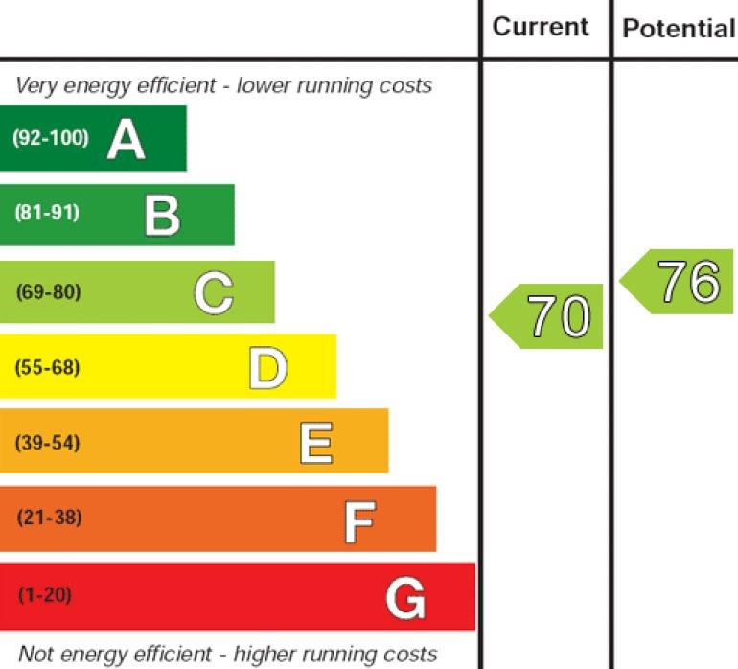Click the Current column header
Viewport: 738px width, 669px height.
click(541, 26)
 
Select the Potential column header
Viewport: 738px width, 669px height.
click(678, 28)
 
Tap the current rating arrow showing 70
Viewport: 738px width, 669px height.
click(550, 316)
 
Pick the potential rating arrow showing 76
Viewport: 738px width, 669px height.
click(680, 282)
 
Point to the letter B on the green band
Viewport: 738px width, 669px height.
click(162, 215)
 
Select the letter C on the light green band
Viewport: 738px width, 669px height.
click(213, 292)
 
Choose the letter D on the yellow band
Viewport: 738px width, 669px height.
click(267, 367)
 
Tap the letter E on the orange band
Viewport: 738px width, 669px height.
click(316, 443)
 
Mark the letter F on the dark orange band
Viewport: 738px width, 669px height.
click(359, 519)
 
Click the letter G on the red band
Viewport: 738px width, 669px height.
click(404, 598)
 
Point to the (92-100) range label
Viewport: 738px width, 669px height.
click(50, 137)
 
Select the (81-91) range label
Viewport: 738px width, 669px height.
click(47, 213)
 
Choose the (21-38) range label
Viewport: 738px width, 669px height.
click(49, 519)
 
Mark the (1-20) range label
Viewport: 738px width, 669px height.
click(44, 595)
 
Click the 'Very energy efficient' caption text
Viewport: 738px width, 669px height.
click(223, 85)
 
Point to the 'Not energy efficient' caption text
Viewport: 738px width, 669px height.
click(227, 655)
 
